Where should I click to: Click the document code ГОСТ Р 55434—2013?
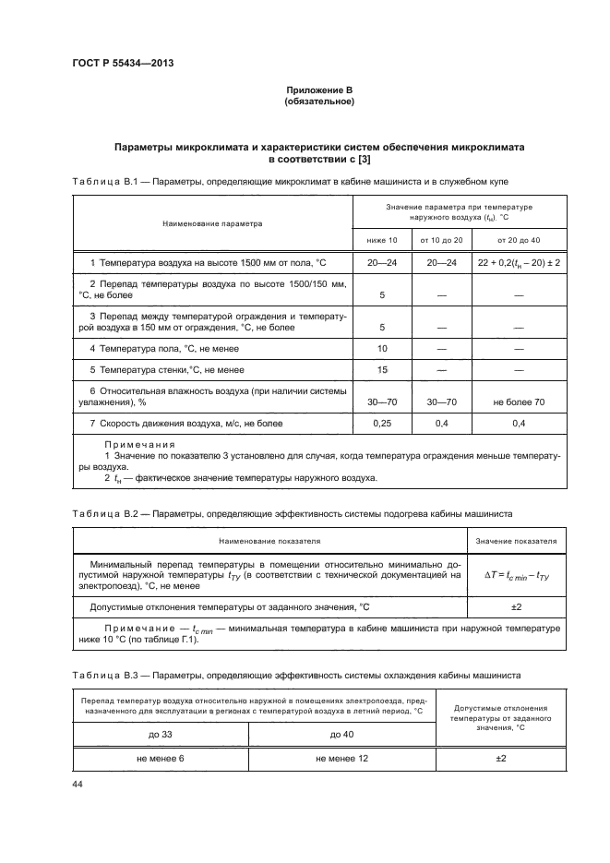(x=123, y=64)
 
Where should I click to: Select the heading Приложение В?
(x=319, y=90)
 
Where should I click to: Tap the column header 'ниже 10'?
(x=382, y=240)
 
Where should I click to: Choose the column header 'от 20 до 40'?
(x=520, y=240)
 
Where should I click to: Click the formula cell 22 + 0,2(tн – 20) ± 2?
(x=520, y=263)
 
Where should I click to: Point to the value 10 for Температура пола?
(x=382, y=347)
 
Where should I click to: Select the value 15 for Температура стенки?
(x=382, y=369)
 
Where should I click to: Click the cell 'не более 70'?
(x=520, y=402)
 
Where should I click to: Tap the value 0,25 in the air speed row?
(x=382, y=423)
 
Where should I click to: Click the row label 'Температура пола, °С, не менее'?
(x=161, y=347)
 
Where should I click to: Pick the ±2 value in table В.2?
(x=517, y=606)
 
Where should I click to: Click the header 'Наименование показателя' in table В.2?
(x=269, y=541)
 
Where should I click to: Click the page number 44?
(x=78, y=784)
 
